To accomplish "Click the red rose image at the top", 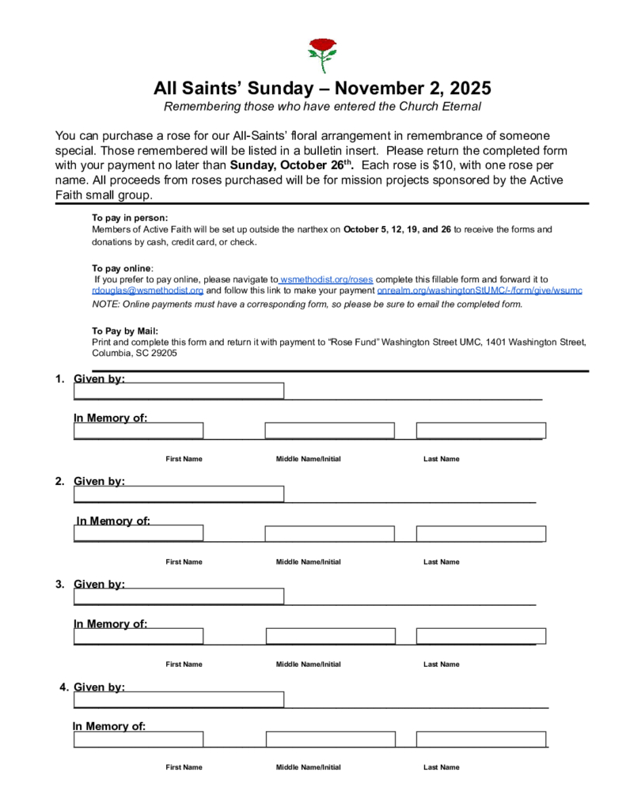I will point(321,54).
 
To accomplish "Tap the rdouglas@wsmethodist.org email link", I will point(148,290).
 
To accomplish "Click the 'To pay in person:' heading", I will point(130,218).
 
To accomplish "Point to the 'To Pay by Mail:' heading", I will point(125,331).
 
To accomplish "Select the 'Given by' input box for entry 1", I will point(179,391).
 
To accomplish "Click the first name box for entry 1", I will point(138,430).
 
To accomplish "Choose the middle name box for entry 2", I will point(329,533).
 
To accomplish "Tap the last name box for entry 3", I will point(480,636).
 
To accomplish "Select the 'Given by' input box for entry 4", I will point(179,699).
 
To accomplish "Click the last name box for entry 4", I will point(480,739).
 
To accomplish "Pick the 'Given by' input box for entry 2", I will point(179,494).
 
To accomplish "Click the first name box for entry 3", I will point(138,636).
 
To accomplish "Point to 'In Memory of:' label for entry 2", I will point(113,520).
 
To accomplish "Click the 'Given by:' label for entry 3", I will point(99,584).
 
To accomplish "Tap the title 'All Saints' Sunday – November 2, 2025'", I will point(322,87).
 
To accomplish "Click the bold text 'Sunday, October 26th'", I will point(290,165).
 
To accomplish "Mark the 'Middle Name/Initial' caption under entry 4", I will point(308,766).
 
